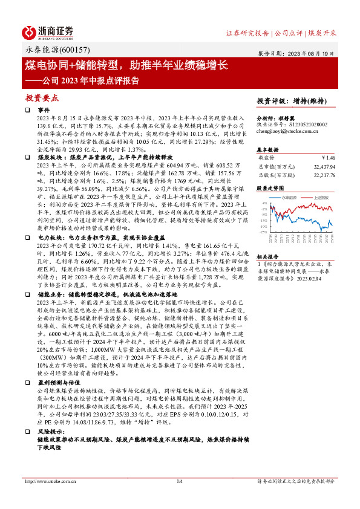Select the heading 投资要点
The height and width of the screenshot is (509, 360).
[x=41, y=97]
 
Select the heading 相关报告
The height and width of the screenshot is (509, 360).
[x=267, y=256]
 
